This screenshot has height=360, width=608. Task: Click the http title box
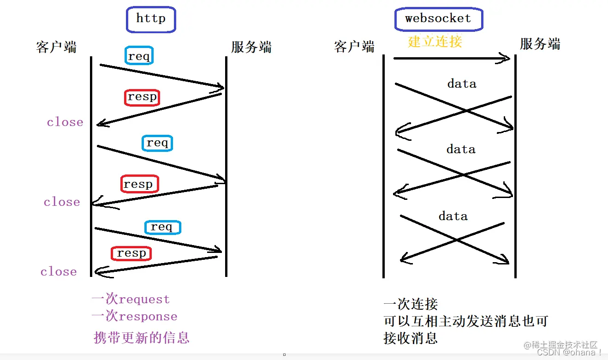pyautogui.click(x=151, y=19)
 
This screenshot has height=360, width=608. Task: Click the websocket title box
pyautogui.click(x=438, y=19)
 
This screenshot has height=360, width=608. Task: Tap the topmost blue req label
pyautogui.click(x=139, y=56)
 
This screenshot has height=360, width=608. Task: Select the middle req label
pyautogui.click(x=157, y=143)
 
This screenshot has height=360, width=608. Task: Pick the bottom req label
pyautogui.click(x=162, y=227)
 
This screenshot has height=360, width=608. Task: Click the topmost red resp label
pyautogui.click(x=142, y=97)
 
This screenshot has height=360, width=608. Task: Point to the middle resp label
pyautogui.click(x=139, y=184)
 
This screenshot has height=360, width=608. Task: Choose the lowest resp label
pyautogui.click(x=131, y=253)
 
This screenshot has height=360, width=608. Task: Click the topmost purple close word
pyautogui.click(x=65, y=122)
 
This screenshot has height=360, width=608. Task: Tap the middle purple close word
pyautogui.click(x=62, y=202)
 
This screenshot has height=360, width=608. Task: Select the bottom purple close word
pyautogui.click(x=59, y=272)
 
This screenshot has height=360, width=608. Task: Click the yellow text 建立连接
pyautogui.click(x=435, y=42)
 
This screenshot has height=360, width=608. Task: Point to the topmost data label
pyautogui.click(x=462, y=84)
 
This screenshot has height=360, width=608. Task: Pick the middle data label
pyautogui.click(x=461, y=150)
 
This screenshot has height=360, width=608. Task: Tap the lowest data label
pyautogui.click(x=453, y=216)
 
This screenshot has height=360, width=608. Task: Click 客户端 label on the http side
pyautogui.click(x=56, y=47)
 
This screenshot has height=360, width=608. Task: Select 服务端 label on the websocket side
pyautogui.click(x=540, y=44)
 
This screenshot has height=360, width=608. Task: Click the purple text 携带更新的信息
pyautogui.click(x=142, y=337)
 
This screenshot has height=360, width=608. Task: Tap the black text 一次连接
pyautogui.click(x=411, y=304)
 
